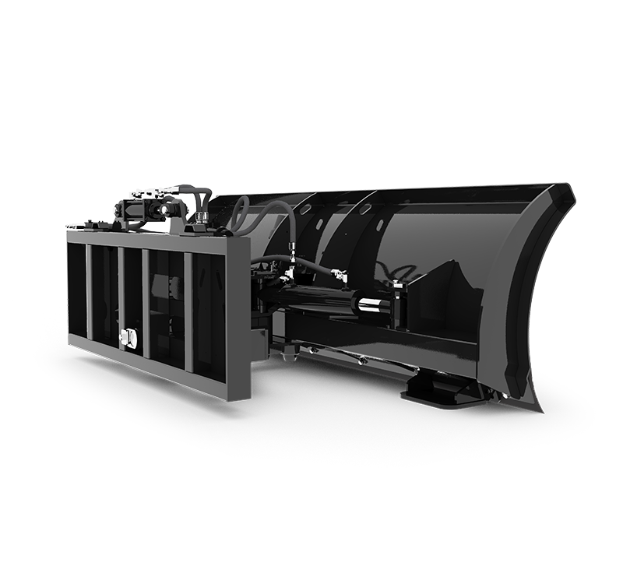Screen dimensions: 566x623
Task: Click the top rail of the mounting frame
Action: coord(156,237)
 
